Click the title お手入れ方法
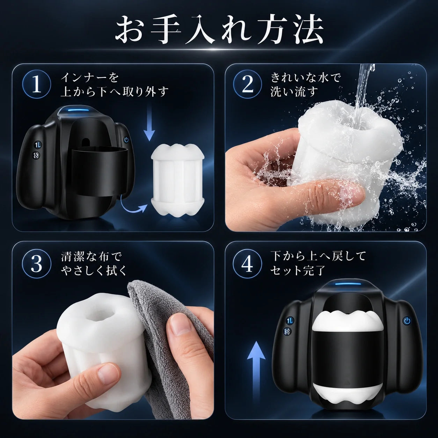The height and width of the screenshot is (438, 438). tap(219, 30)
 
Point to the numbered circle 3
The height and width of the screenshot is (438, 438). tap(36, 264)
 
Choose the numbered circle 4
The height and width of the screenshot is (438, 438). tap(248, 264)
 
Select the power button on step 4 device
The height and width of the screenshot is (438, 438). tap(407, 321)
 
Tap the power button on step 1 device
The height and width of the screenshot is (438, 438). tap(126, 140)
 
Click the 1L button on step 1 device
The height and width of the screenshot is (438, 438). tap(37, 145)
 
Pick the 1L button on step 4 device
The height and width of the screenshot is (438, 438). tap(289, 321)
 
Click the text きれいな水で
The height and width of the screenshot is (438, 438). tap(306, 78)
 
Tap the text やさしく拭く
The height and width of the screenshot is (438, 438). tap(93, 270)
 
